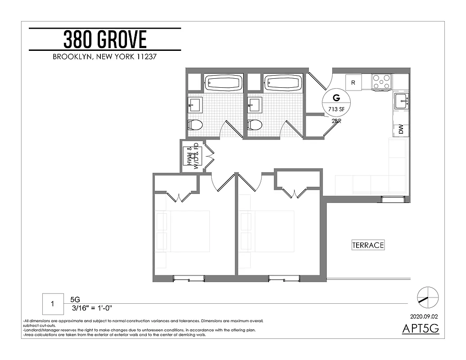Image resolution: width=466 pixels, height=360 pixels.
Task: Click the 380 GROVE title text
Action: click(x=105, y=40)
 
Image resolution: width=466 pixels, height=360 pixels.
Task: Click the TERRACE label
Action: click(x=368, y=245)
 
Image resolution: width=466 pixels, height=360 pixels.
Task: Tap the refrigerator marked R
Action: click(x=353, y=83)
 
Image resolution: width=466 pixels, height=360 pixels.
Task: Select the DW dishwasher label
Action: click(x=401, y=130)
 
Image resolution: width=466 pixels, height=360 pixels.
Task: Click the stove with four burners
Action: click(x=381, y=82)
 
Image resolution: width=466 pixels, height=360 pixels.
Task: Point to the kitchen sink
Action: click(x=401, y=101)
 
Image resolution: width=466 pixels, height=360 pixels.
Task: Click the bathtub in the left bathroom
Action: click(x=224, y=82)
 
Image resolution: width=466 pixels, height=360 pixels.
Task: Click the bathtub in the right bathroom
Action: click(x=283, y=82)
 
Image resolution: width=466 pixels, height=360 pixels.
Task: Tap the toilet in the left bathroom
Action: click(x=196, y=124)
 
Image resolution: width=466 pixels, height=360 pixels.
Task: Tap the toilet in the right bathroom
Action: click(x=255, y=124)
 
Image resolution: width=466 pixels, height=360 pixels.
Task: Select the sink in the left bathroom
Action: click(x=195, y=105)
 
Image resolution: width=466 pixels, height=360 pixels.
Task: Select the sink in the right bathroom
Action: click(x=254, y=105)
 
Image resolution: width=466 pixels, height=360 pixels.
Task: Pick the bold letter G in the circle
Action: click(x=335, y=97)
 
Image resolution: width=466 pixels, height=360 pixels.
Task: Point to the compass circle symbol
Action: click(x=427, y=297)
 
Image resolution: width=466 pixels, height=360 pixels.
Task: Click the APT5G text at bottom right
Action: click(x=420, y=329)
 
